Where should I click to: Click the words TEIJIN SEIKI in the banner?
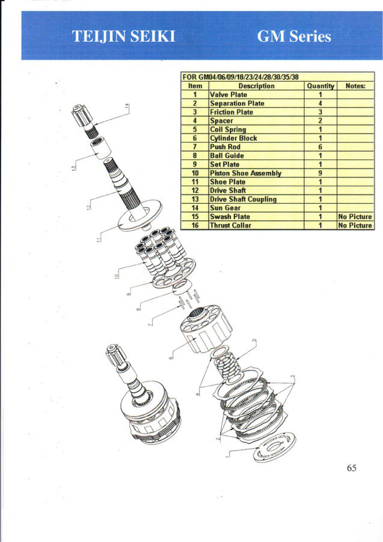pyautogui.click(x=124, y=36)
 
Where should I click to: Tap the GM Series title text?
pyautogui.click(x=294, y=36)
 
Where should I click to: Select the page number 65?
pyautogui.click(x=351, y=467)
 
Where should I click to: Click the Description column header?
pyautogui.click(x=256, y=86)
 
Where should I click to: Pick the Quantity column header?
pyautogui.click(x=320, y=86)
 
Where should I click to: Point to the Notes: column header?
pyautogui.click(x=355, y=86)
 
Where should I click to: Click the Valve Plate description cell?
pyautogui.click(x=228, y=94)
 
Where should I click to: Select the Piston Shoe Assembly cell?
pyautogui.click(x=245, y=173)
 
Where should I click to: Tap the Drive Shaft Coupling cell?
pyautogui.click(x=243, y=199)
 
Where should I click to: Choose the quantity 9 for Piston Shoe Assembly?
pyautogui.click(x=320, y=173)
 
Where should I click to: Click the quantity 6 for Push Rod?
pyautogui.click(x=320, y=147)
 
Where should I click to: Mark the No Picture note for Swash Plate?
pyautogui.click(x=355, y=217)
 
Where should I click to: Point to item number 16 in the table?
pyautogui.click(x=195, y=226)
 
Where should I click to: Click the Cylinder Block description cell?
pyautogui.click(x=233, y=138)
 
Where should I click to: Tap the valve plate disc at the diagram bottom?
pyautogui.click(x=274, y=448)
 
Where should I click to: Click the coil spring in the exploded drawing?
pyautogui.click(x=228, y=366)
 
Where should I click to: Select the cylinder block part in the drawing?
pyautogui.click(x=205, y=328)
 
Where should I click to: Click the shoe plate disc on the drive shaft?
pyautogui.click(x=140, y=215)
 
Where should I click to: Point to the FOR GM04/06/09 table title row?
pyautogui.click(x=241, y=77)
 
